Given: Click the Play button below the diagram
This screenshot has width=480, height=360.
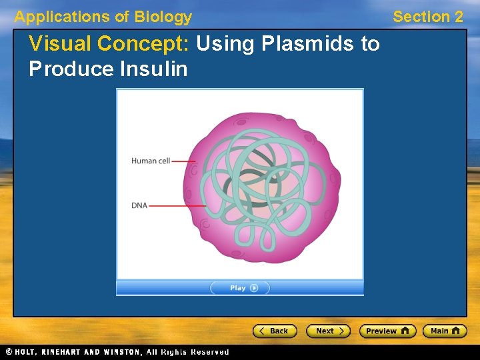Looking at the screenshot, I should tap(240, 288).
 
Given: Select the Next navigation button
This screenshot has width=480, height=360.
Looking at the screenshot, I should tap(328, 331).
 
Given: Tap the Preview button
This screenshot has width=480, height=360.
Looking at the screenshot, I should tap(387, 331).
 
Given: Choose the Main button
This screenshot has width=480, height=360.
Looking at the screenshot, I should tap(445, 331).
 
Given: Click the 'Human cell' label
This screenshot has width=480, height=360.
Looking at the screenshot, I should tap(150, 161).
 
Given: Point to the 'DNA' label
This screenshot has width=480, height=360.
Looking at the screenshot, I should tap(139, 205).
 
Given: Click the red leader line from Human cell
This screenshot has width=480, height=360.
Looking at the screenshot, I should tap(183, 161).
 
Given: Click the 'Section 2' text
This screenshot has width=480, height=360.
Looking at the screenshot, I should tap(427, 17).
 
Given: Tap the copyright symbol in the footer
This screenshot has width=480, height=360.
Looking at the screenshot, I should tap(9, 351).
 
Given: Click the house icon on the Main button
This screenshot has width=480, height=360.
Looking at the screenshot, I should tap(457, 331).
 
